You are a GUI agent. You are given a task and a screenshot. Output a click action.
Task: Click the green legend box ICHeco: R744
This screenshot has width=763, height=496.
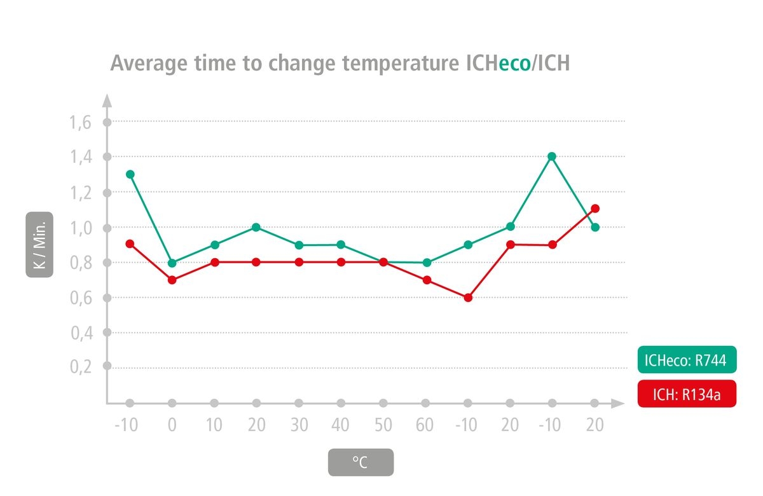click(687, 360)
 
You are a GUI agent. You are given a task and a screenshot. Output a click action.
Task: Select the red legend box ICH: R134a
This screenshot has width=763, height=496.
click(687, 394)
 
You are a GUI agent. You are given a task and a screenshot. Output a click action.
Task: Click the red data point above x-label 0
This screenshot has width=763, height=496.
click(172, 280)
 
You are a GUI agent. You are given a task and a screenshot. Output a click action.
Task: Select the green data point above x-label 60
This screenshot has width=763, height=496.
click(426, 263)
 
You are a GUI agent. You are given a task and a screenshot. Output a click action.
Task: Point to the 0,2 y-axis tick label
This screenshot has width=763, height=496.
click(80, 367)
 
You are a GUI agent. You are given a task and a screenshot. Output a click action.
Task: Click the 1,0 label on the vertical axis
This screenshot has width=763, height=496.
click(80, 228)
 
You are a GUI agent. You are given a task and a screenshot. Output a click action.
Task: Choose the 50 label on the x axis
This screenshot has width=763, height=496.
click(383, 425)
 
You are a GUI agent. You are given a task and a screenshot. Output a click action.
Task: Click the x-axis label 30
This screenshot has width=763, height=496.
click(299, 425)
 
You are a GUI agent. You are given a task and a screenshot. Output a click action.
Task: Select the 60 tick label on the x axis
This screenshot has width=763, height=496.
click(425, 425)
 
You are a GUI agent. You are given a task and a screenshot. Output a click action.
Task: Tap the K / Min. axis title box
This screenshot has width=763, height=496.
click(39, 245)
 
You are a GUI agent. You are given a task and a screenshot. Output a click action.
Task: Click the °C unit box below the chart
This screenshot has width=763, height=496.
click(361, 462)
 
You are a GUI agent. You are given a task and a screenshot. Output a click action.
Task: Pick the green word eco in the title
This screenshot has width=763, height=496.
click(514, 64)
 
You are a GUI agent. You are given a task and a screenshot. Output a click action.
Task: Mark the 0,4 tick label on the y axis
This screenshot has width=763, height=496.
click(80, 332)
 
